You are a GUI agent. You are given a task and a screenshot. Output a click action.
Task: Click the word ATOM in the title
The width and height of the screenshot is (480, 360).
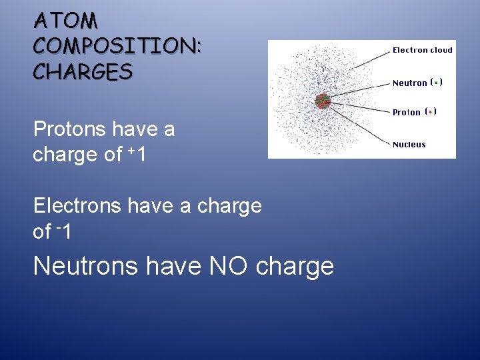pyautogui.click(x=66, y=21)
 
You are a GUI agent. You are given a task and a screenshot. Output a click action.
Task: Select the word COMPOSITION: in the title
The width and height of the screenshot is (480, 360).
pyautogui.click(x=117, y=46)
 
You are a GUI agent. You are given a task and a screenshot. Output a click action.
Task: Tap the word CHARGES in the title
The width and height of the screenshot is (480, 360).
pyautogui.click(x=83, y=71)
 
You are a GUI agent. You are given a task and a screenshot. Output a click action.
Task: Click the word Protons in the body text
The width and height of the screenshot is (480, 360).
pyautogui.click(x=71, y=129)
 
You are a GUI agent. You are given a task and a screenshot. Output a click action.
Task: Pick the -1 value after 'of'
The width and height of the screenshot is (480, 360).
pyautogui.click(x=64, y=231)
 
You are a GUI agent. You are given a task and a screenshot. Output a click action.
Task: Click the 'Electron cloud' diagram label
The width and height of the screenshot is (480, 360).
pyautogui.click(x=422, y=50)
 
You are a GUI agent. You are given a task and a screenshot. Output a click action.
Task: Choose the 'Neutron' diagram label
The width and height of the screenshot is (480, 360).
pyautogui.click(x=409, y=83)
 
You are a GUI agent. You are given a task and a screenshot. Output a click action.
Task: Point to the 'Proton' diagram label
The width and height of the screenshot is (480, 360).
pyautogui.click(x=406, y=113)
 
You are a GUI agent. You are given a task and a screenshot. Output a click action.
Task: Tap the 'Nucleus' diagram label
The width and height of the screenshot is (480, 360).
pyautogui.click(x=409, y=145)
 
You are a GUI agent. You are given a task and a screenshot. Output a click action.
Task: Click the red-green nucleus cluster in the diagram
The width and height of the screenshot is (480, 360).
pyautogui.click(x=323, y=101)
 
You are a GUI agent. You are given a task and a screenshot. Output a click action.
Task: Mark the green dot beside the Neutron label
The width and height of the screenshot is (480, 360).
pyautogui.click(x=435, y=83)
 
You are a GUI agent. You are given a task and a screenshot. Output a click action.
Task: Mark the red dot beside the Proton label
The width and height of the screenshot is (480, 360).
pyautogui.click(x=431, y=112)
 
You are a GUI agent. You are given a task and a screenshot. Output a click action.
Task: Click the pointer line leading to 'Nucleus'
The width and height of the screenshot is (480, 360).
pyautogui.click(x=360, y=125)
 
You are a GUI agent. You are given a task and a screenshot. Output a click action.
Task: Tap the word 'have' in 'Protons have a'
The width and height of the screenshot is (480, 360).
pyautogui.click(x=144, y=129)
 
